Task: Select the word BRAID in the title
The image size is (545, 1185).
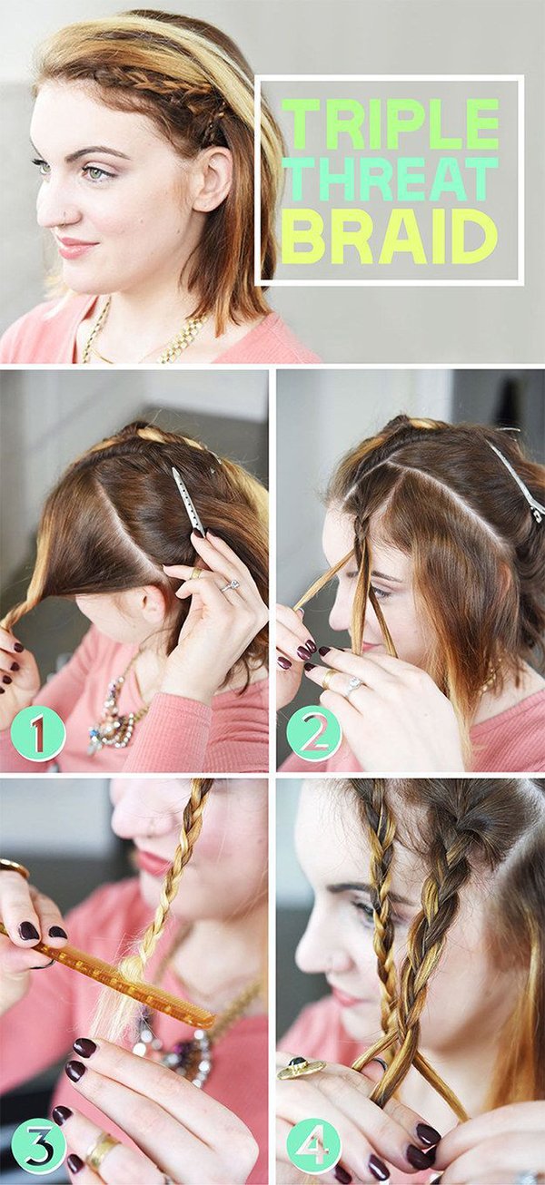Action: pos(390,236)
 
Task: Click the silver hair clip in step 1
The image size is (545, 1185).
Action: pos(188,501)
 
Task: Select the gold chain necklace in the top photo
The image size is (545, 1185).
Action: pos(143,338)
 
